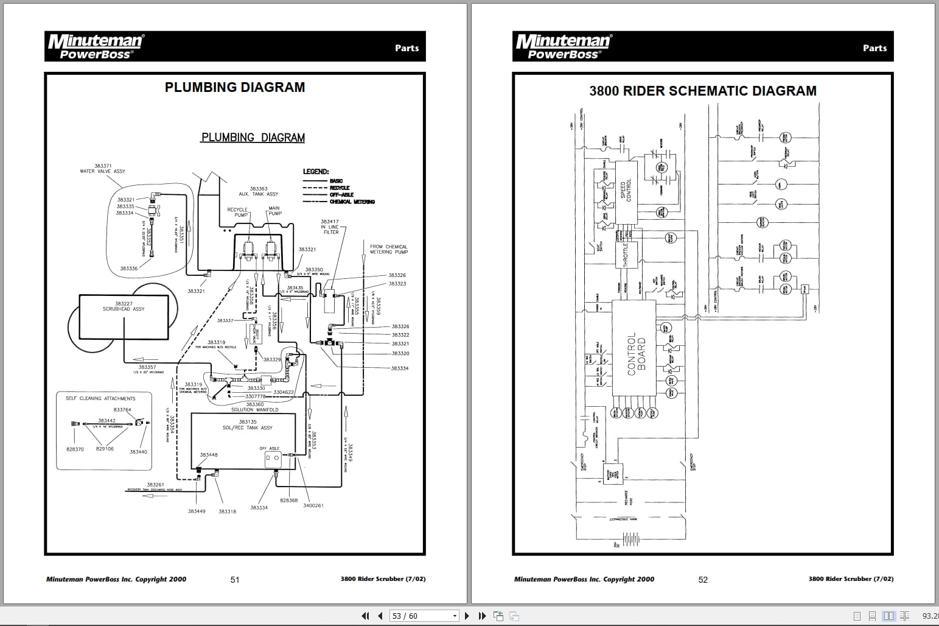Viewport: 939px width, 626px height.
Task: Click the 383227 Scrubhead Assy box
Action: (x=124, y=317)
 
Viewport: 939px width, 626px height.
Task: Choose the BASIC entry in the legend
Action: (x=336, y=181)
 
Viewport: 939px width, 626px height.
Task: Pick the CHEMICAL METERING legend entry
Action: (x=352, y=202)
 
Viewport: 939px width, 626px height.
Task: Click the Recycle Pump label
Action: (x=237, y=212)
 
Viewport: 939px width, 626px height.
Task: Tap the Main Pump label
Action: (x=274, y=211)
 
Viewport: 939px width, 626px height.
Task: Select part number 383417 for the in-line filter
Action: (x=329, y=222)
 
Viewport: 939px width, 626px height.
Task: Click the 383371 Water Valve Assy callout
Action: (x=102, y=168)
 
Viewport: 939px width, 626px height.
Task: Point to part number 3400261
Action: (x=313, y=505)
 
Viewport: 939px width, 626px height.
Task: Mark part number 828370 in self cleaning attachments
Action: (x=75, y=449)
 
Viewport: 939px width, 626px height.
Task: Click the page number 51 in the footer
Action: (x=235, y=580)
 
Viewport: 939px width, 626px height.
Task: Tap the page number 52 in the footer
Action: (x=703, y=580)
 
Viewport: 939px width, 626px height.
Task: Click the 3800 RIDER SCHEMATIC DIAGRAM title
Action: (x=702, y=91)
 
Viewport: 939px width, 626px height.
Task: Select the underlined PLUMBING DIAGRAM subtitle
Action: (x=253, y=138)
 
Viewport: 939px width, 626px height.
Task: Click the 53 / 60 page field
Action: (x=422, y=616)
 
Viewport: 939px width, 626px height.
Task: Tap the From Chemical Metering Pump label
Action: (x=388, y=249)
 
